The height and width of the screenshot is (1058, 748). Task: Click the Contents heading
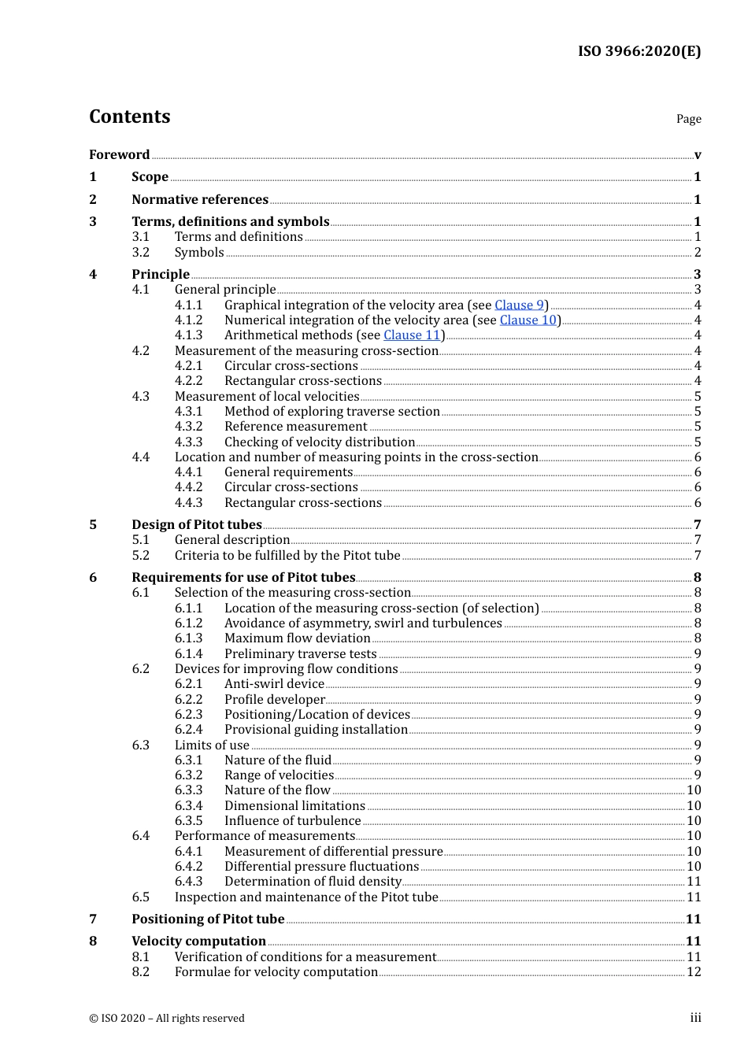pos(129,117)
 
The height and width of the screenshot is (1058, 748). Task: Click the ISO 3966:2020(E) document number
pos(639,51)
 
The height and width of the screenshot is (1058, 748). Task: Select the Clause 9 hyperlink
pos(520,305)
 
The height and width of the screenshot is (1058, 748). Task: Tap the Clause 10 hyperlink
pos(528,320)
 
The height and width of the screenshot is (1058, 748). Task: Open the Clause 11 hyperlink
pos(412,335)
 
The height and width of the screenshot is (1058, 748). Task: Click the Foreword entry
pos(119,154)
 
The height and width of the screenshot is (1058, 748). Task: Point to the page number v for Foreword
pos(697,155)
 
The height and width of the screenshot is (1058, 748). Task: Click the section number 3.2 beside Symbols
pos(140,252)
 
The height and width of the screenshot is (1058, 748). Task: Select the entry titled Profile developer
pos(274,699)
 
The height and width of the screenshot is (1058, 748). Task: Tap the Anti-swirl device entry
pos(274,684)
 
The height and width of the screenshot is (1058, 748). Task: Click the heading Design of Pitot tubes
pos(197,524)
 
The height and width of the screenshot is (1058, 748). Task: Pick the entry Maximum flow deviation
pos(297,638)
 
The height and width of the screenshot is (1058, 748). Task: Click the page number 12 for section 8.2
pos(694,972)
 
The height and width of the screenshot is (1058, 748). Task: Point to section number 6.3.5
pos(188,820)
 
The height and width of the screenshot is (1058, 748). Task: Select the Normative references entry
pos(200,199)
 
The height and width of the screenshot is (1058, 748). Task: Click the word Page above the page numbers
pos(688,119)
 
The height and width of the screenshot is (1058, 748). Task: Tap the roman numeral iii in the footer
pos(695,1018)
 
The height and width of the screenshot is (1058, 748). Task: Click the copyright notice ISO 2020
pos(166,1019)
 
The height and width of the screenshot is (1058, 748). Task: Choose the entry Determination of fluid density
pos(313,882)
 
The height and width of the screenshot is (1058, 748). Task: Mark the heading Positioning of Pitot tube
pos(208,919)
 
